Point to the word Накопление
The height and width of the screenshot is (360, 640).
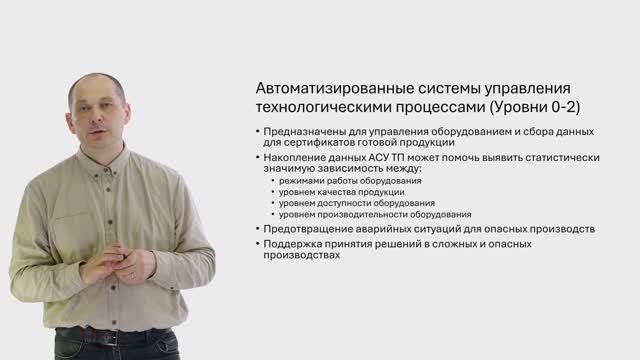(297, 158)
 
